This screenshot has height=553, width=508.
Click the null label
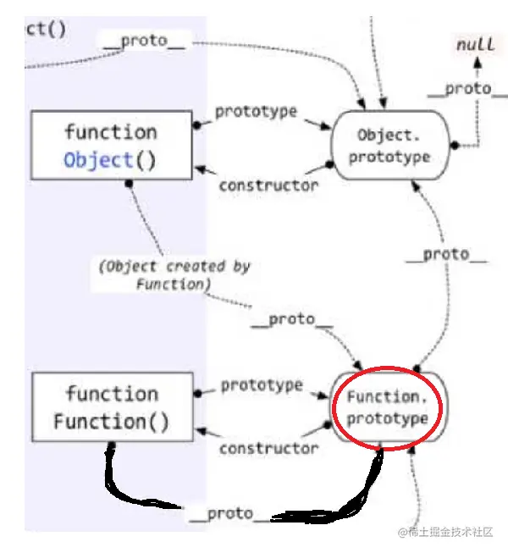[x=476, y=45]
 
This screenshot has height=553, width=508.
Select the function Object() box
[x=110, y=146]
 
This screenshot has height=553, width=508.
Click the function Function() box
[x=111, y=407]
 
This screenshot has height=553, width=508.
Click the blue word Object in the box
[x=98, y=160]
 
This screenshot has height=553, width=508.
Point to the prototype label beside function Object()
[x=256, y=112]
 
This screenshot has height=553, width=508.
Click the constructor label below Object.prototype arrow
[x=268, y=185]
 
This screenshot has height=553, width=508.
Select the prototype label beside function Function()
[x=261, y=385]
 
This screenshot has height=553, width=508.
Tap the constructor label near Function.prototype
[x=269, y=448]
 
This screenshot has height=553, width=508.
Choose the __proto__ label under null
[x=458, y=89]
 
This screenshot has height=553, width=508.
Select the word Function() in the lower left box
[x=111, y=421]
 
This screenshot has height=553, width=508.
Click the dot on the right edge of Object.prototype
[x=454, y=146]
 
